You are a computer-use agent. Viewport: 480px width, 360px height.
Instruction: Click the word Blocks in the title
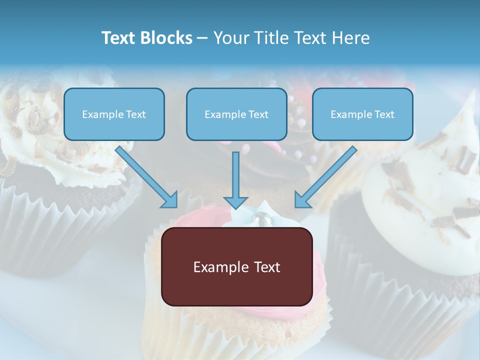[167, 38]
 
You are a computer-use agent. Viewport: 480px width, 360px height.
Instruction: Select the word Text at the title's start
[119, 38]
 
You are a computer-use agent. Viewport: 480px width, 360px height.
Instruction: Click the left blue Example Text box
[114, 114]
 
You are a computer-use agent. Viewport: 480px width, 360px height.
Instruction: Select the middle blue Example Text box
[236, 114]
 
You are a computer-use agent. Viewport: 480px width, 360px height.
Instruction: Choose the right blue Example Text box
[362, 114]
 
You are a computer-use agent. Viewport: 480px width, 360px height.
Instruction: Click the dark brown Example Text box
[236, 267]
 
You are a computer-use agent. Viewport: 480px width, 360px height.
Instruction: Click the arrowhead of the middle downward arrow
[236, 202]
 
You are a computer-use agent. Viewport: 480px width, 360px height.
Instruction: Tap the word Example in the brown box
[217, 267]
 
